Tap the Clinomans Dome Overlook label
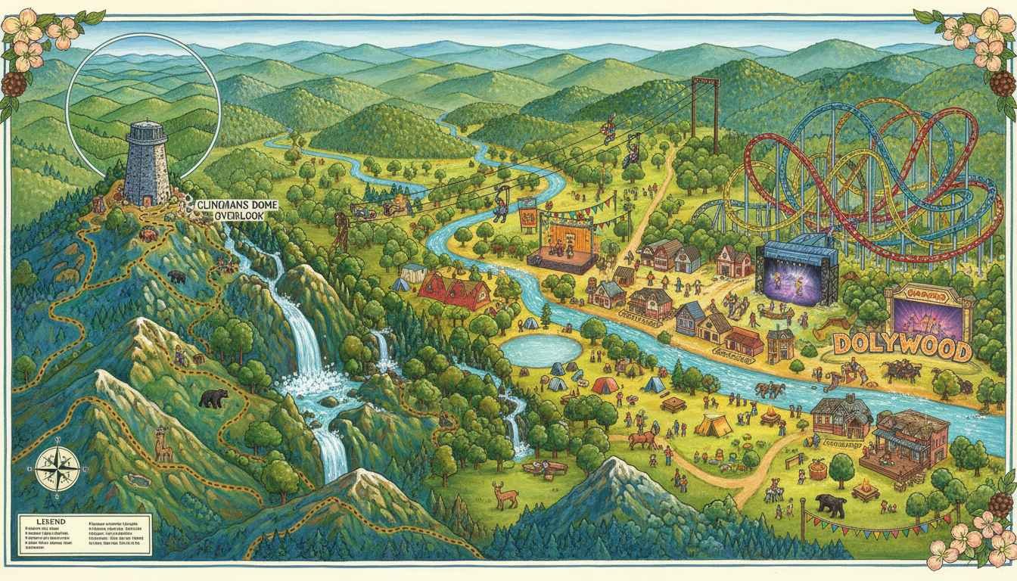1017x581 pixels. click(x=236, y=210)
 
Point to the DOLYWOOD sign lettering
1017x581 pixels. click(x=902, y=350)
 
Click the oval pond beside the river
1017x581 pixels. click(x=541, y=350)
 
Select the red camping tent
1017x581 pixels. click(x=605, y=385)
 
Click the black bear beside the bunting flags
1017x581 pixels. click(x=830, y=505)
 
